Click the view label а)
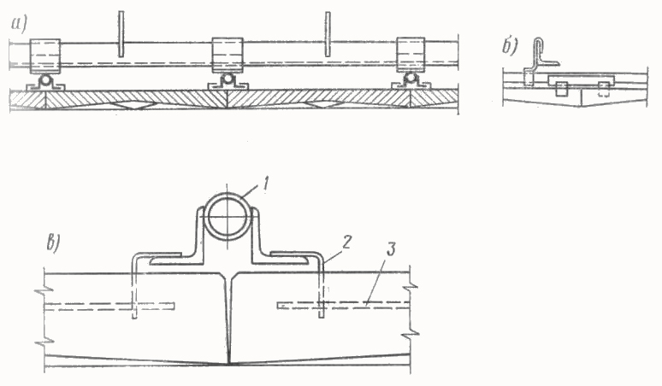click(x=19, y=25)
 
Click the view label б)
click(x=510, y=47)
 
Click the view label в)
click(x=54, y=243)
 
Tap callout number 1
click(x=265, y=184)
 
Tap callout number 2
click(x=347, y=243)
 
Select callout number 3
click(x=391, y=249)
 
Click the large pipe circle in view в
click(x=228, y=217)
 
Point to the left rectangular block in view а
click(x=44, y=56)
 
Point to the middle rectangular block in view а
click(x=228, y=56)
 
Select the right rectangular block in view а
click(x=411, y=55)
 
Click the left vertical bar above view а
click(x=121, y=33)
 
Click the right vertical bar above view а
click(x=328, y=33)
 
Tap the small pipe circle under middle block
click(x=228, y=79)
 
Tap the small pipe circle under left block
click(x=45, y=79)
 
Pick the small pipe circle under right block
click(x=411, y=79)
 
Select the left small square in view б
click(x=561, y=89)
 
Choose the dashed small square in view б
click(x=604, y=89)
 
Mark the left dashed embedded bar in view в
click(x=109, y=307)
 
